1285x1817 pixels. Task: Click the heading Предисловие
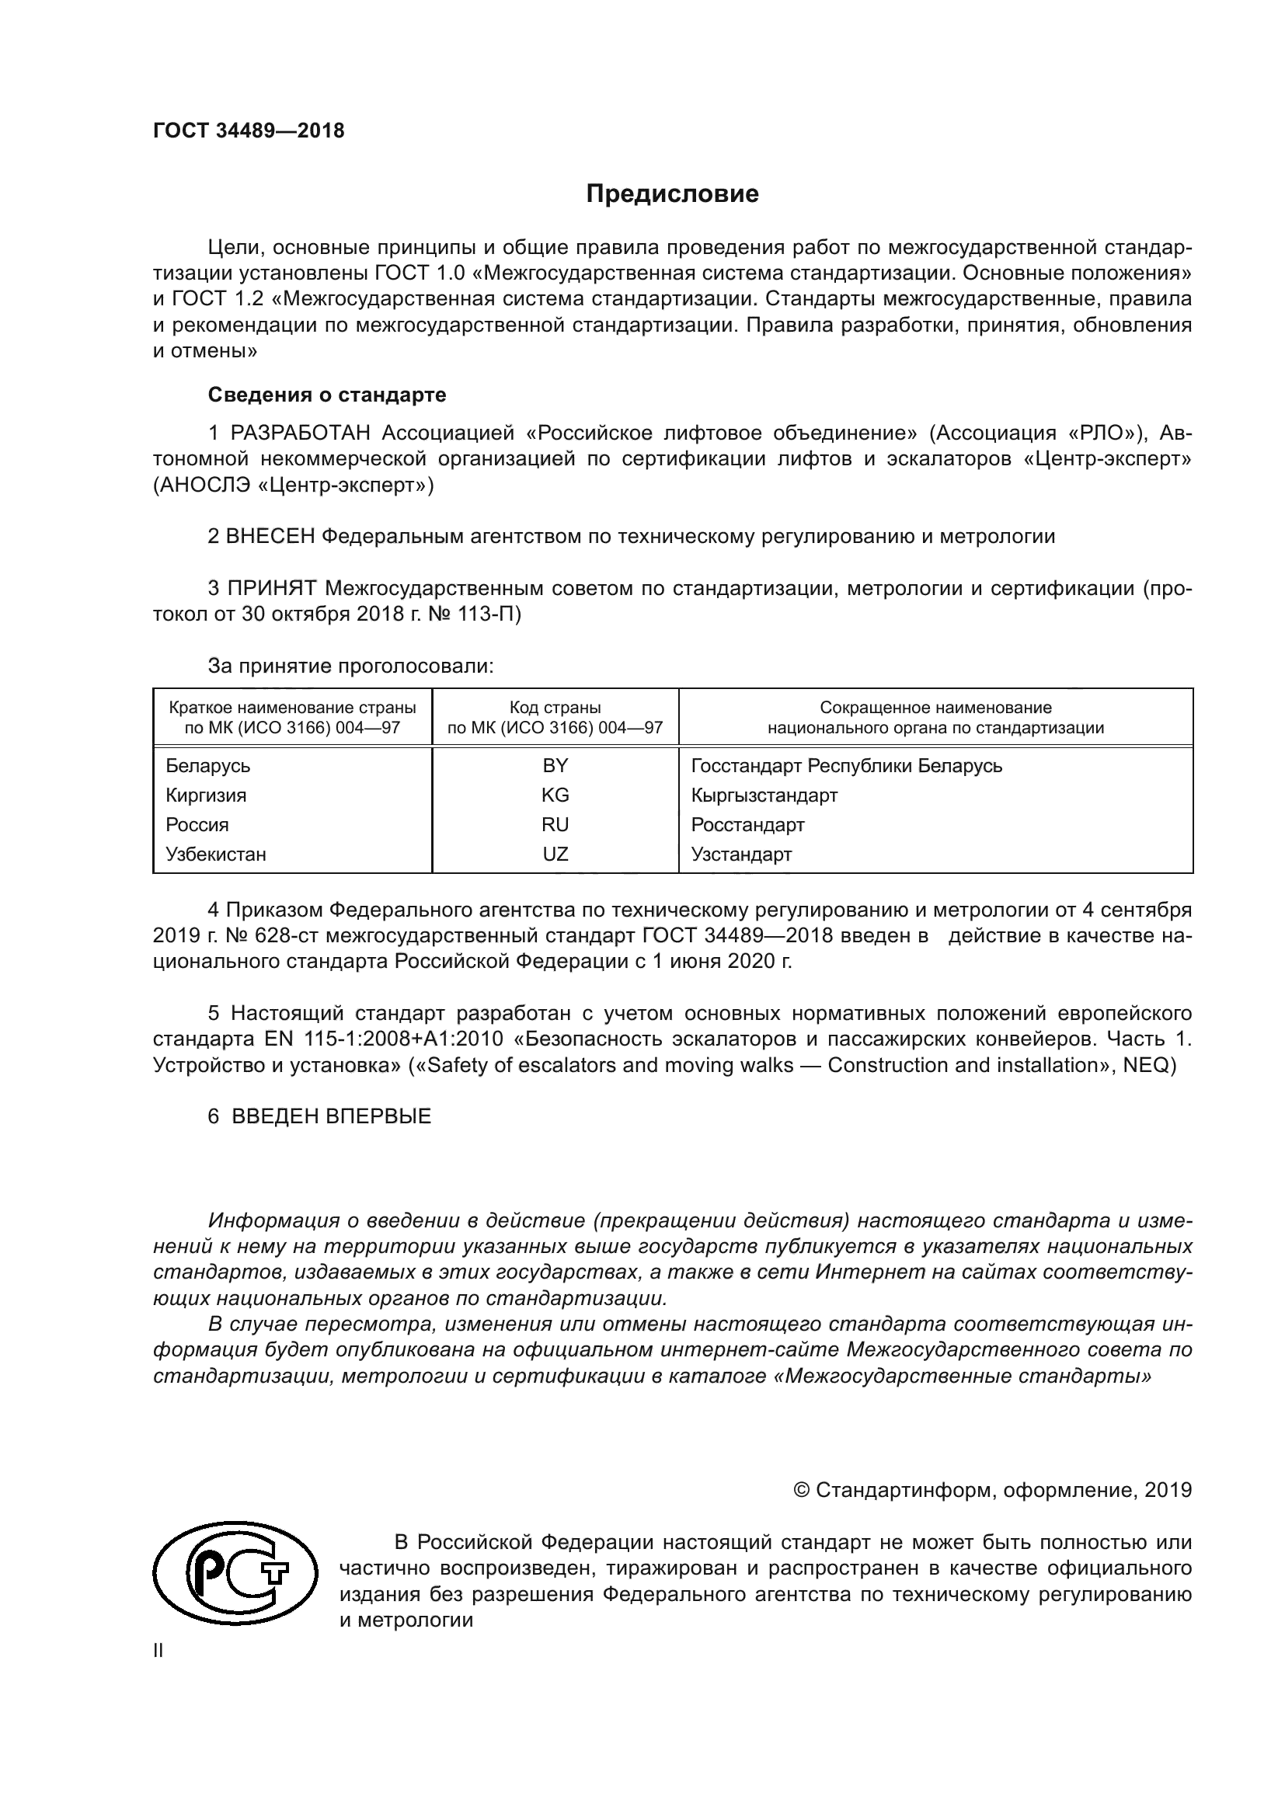672,194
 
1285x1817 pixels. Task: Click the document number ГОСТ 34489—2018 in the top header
249,131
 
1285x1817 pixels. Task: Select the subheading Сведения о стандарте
327,394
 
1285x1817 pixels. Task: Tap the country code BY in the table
555,765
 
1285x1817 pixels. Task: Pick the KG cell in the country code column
555,795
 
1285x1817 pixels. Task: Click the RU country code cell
555,825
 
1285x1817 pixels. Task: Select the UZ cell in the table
555,854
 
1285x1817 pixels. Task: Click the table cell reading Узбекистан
215,854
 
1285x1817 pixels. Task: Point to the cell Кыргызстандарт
764,795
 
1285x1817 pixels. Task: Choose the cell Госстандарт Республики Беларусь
846,765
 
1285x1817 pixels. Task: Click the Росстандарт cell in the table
747,825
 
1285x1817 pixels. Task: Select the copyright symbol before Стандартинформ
801,1491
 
